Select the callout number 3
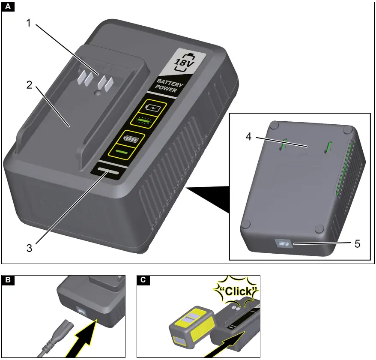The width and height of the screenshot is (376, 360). [x=29, y=247]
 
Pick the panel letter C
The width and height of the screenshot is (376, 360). [x=143, y=280]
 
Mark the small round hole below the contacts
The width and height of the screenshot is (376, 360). [x=99, y=92]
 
